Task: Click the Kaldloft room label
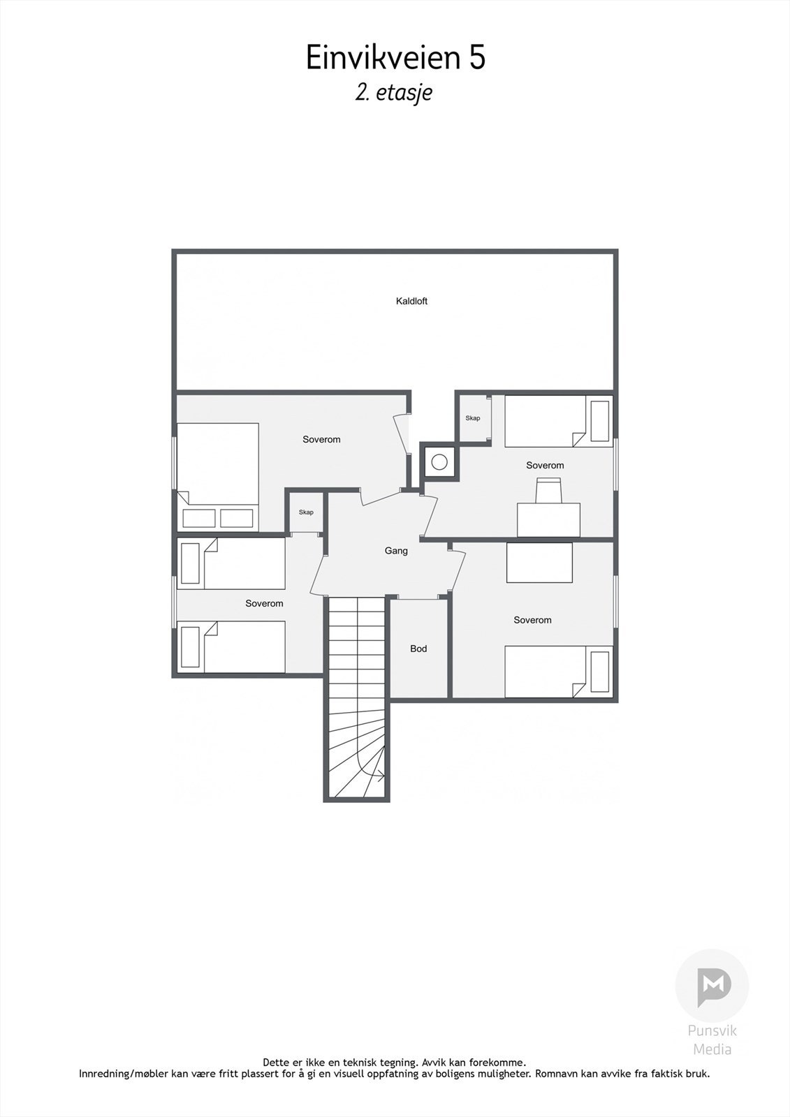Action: point(411,302)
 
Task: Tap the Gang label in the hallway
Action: point(396,551)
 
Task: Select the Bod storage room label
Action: point(418,649)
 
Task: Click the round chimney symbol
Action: point(439,461)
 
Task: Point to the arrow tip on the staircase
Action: point(383,775)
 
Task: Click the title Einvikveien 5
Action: point(395,57)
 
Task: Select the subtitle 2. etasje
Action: point(394,94)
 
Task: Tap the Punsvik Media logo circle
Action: point(712,985)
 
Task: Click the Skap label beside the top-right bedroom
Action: point(473,418)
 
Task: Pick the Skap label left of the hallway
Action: point(306,512)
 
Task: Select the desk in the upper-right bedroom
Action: point(548,520)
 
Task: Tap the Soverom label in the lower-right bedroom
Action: point(532,620)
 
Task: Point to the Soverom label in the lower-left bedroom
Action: point(264,603)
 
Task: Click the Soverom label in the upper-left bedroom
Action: point(321,439)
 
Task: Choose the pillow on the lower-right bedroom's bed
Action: point(599,672)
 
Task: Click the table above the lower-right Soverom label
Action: point(539,562)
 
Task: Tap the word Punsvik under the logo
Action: point(712,1030)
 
